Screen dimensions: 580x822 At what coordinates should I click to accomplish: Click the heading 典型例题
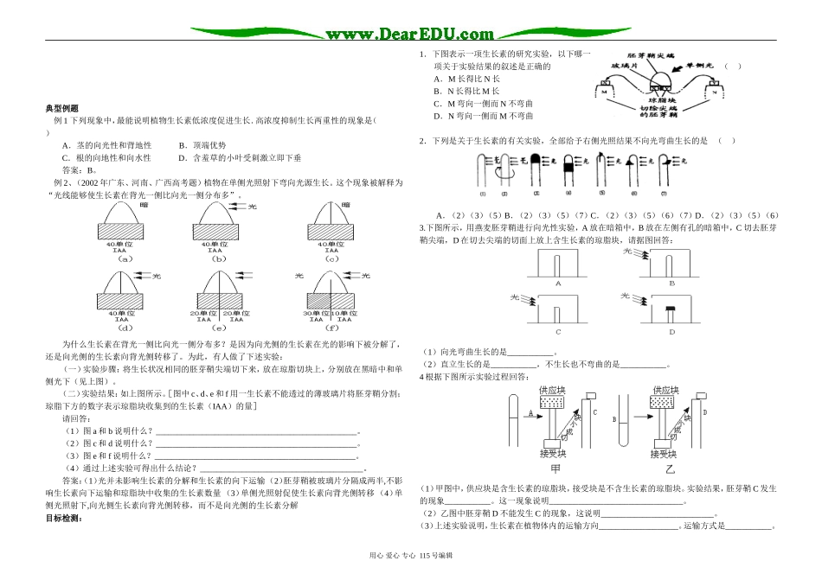[x=61, y=109]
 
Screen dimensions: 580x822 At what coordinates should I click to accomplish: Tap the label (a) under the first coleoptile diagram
[x=125, y=258]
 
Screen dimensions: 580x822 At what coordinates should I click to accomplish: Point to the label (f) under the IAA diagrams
[x=331, y=329]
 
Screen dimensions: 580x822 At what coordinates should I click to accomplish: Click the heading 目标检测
[x=62, y=519]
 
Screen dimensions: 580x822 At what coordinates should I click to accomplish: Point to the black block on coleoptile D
[x=671, y=308]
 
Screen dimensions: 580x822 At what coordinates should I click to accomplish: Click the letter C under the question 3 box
[x=558, y=332]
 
